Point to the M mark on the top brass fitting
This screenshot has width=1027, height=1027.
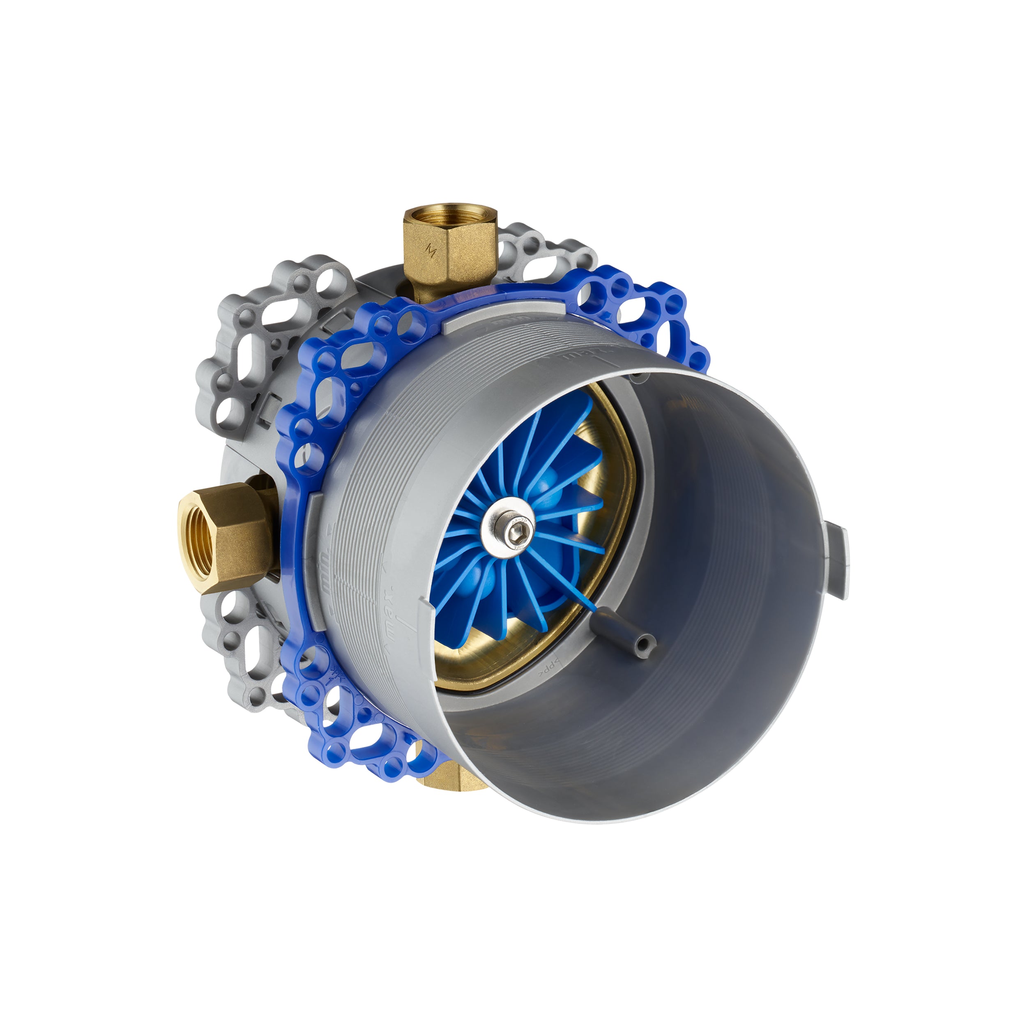[x=432, y=250]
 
